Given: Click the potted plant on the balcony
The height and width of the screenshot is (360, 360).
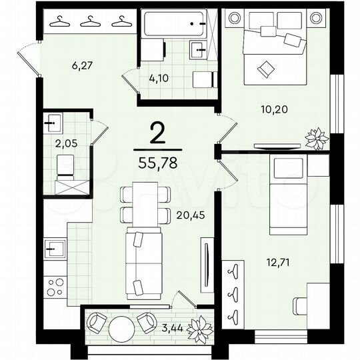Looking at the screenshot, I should click(198, 327).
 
